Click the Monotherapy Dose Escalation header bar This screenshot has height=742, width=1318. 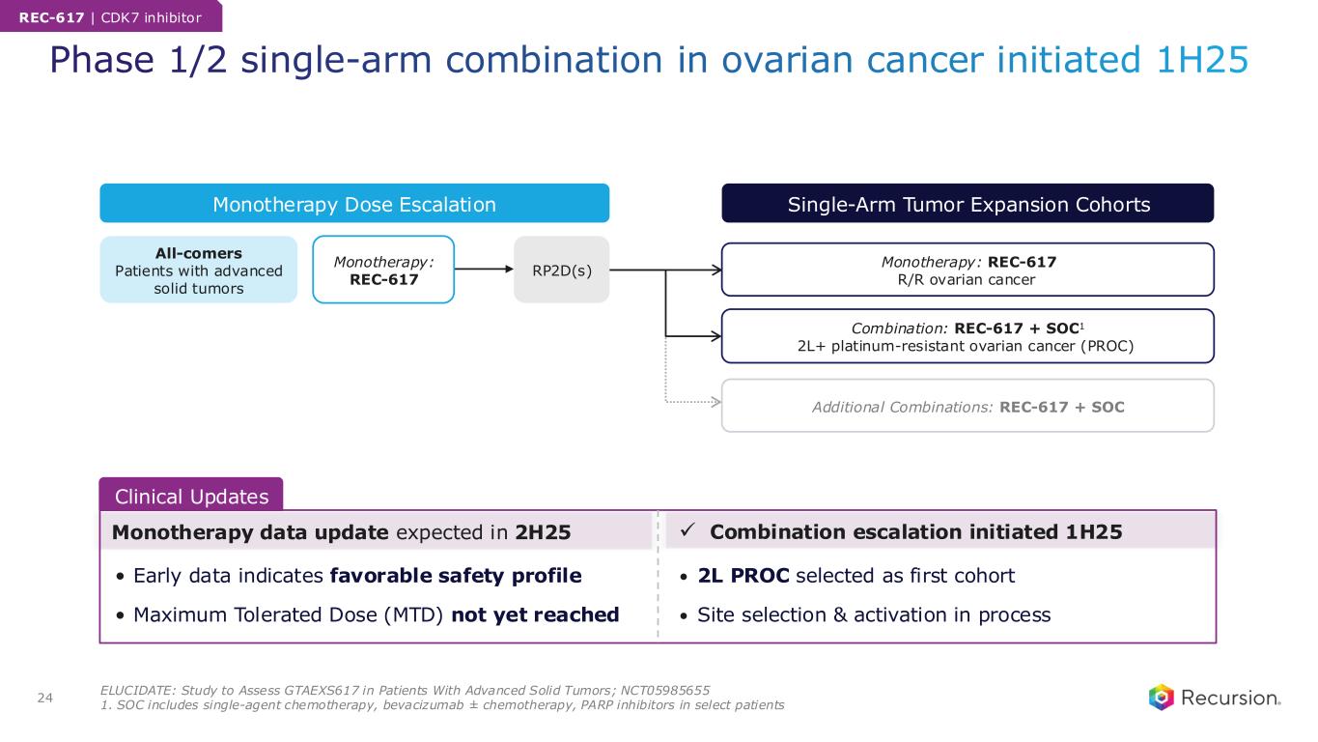pos(354,203)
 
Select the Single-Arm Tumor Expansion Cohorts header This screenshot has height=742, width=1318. pos(967,203)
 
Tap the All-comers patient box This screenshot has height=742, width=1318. pos(198,270)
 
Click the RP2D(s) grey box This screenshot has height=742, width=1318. pos(561,270)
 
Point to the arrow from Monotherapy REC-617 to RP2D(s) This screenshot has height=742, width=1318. pos(484,270)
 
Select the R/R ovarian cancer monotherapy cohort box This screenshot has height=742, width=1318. pos(967,270)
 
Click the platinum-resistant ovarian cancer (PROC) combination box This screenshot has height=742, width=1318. pos(967,336)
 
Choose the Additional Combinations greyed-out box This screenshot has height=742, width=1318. pos(967,406)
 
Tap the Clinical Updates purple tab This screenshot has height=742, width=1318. pos(191,495)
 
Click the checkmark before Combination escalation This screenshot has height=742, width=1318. pos(687,530)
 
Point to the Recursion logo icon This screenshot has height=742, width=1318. pos(1161,698)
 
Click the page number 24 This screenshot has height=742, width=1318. pos(45,698)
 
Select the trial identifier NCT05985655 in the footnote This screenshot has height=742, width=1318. pos(665,690)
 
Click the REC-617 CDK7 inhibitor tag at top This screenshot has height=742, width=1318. pos(111,16)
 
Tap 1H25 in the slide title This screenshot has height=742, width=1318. pos(1202,60)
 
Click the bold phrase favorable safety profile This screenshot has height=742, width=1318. pos(456,576)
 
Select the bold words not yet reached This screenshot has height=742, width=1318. pos(535,614)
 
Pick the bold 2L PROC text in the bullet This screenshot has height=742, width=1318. pos(743,576)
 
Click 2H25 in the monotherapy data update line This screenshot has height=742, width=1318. pos(543,532)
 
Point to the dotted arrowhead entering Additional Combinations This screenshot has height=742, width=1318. pos(716,402)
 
